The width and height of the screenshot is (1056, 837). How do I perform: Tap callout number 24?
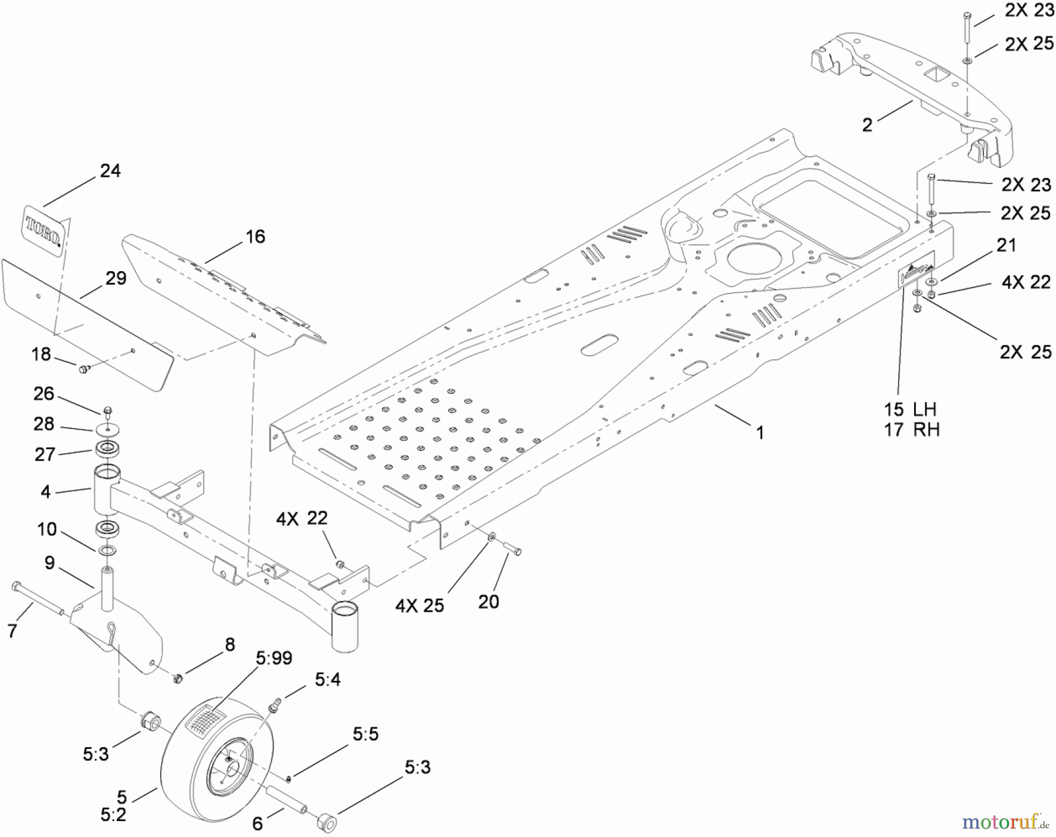110,171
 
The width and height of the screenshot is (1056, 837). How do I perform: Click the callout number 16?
255,237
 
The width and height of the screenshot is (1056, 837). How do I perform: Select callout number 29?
116,278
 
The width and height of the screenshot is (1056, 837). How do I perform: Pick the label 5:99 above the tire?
273,658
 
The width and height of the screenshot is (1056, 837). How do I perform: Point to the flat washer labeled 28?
107,430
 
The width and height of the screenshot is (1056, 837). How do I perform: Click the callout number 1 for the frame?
760,433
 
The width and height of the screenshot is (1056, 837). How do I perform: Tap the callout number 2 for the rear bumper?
867,125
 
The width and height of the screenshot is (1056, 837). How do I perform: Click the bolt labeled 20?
513,550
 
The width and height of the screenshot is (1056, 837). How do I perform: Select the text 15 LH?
910,409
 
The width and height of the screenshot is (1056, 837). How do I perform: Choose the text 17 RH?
911,430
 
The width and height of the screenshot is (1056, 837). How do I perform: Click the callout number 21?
1006,245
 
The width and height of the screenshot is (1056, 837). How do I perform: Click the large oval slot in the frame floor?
600,346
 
